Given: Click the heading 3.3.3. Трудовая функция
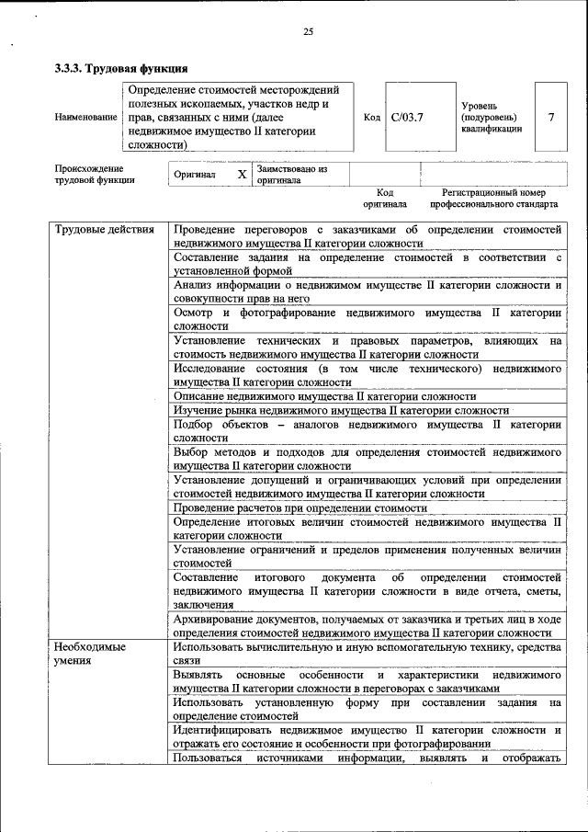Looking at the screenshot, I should pyautogui.click(x=121, y=68).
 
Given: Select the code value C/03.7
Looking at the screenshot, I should pyautogui.click(x=406, y=118).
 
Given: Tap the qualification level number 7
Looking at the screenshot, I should pyautogui.click(x=550, y=118).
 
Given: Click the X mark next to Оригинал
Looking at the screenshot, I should pyautogui.click(x=242, y=174).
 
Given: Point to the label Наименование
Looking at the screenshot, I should pyautogui.click(x=85, y=118).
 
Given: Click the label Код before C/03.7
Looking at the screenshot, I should pyautogui.click(x=371, y=118).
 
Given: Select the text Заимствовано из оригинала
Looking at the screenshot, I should pyautogui.click(x=292, y=175).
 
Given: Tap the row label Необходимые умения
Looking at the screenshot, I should pyautogui.click(x=87, y=654).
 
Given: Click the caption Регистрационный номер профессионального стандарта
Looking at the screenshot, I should pyautogui.click(x=492, y=199).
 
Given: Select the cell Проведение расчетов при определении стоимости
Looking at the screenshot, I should pyautogui.click(x=300, y=507).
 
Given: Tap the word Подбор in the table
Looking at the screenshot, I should pyautogui.click(x=193, y=424).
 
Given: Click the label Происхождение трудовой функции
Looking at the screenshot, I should pyautogui.click(x=95, y=175).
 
